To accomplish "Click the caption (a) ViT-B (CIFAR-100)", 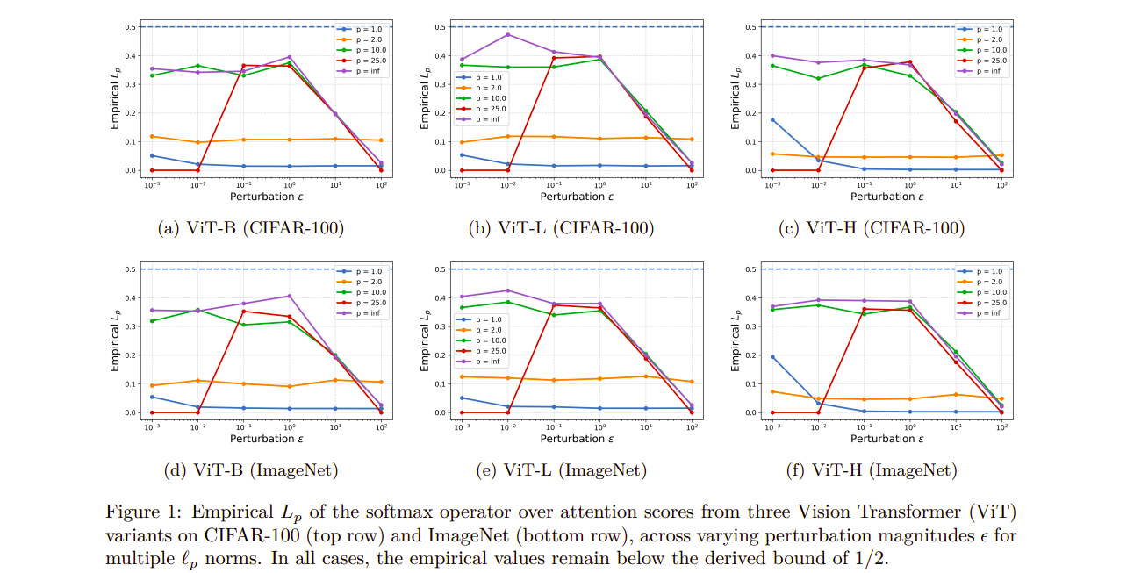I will coord(250,228).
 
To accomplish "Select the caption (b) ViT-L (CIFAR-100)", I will coord(561,228).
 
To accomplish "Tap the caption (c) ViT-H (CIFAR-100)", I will coord(872,228).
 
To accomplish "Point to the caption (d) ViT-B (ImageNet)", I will coord(250,470).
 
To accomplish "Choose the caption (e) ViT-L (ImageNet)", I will coord(561,470).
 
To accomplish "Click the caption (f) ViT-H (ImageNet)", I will coord(872,470).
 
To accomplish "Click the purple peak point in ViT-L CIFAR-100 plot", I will coord(507,34).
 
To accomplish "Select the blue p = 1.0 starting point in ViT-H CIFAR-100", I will coord(772,119).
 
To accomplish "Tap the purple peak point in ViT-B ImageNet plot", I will coord(290,296).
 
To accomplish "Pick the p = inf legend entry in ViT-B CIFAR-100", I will coord(362,71).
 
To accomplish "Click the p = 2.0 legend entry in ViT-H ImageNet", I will coord(983,283).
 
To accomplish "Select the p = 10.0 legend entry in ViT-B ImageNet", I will coord(362,293).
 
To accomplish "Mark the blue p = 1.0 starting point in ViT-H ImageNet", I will coord(772,356).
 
